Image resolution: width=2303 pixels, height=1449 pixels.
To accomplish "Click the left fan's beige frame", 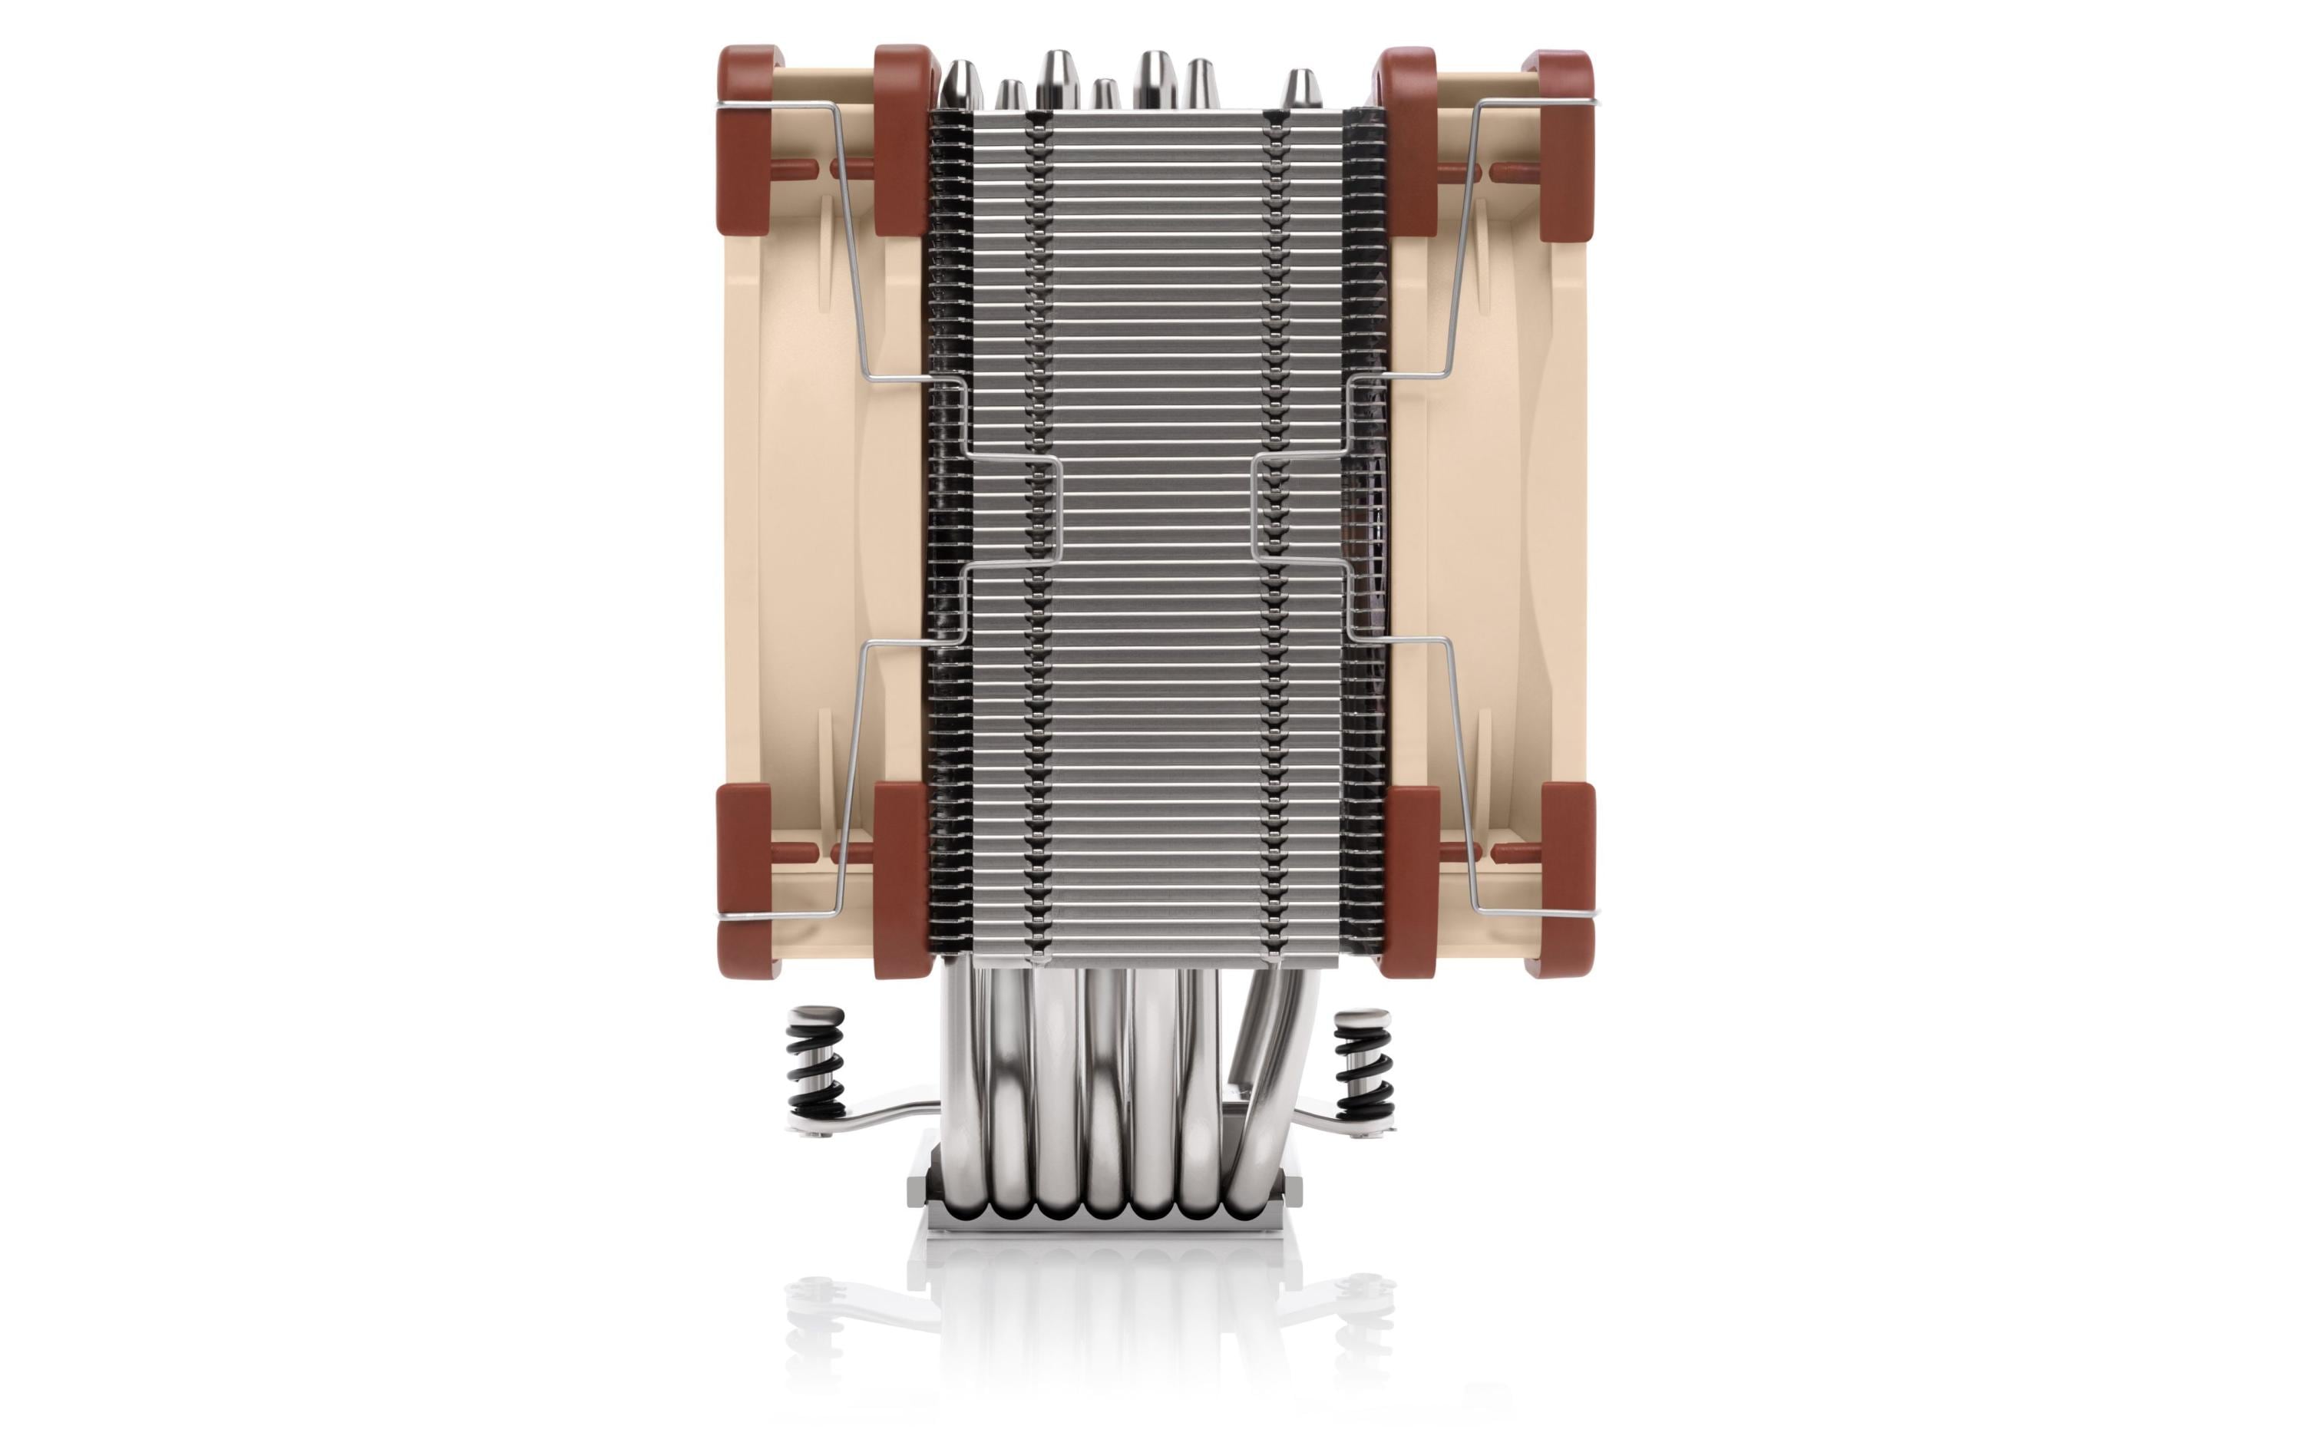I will (813, 497).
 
